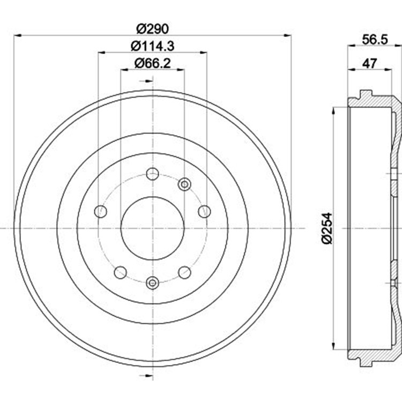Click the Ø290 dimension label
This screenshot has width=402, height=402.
(153, 29)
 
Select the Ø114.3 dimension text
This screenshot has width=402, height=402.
(153, 46)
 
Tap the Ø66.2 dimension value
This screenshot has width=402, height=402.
(153, 63)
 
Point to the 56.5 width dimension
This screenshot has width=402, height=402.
(375, 40)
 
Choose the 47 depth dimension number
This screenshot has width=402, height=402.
(369, 63)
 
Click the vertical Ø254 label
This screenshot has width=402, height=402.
(327, 228)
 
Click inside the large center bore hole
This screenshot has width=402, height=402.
(153, 228)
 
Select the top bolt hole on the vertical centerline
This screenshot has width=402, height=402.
(153, 174)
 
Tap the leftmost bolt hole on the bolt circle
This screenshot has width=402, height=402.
(101, 212)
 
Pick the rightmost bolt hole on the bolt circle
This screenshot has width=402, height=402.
(205, 212)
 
